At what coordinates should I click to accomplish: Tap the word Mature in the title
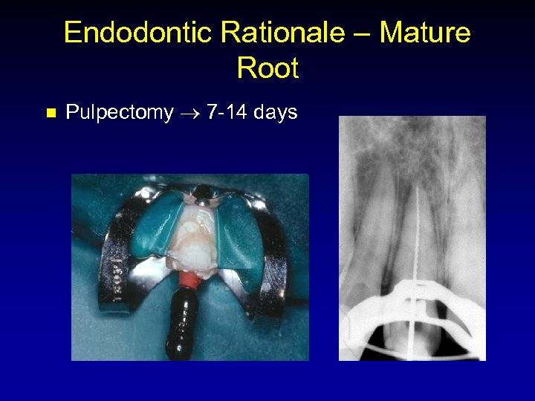pos(424,33)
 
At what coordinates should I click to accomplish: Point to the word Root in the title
pos(267,68)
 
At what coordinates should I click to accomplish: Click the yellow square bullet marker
pos(51,114)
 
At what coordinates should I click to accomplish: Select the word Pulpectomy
pos(120,113)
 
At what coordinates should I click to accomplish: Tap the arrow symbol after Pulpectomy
pos(189,113)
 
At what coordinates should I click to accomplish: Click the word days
pos(275,112)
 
